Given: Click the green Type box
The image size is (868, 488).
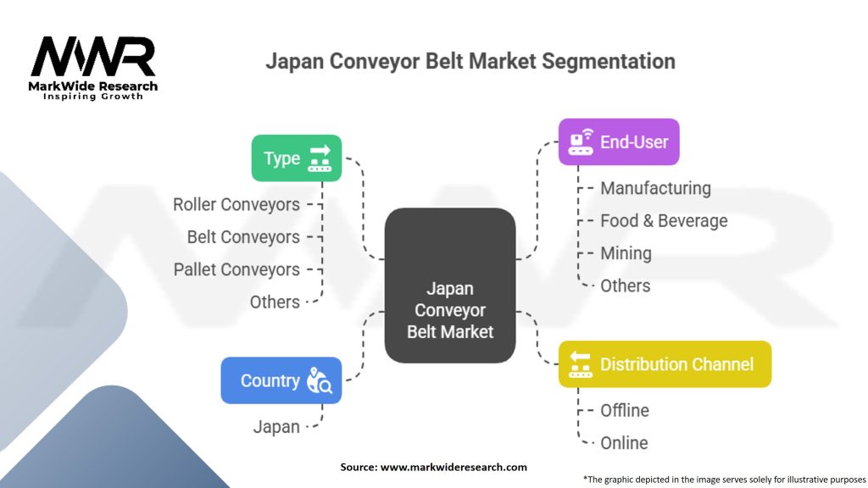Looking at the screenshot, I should [296, 158].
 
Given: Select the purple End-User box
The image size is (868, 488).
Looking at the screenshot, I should [618, 141].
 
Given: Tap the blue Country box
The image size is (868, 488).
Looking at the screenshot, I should [281, 380].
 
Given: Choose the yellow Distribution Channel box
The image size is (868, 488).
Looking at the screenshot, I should [664, 364].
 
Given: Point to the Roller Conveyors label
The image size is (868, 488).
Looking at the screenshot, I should [236, 204].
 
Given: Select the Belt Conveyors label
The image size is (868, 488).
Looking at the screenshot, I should [243, 237].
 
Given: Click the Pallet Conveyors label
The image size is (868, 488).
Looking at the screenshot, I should [236, 269].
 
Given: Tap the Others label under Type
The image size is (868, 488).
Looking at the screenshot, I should [275, 302].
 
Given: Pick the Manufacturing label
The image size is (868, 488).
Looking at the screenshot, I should [655, 188].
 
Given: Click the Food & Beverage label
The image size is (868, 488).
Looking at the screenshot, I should [664, 221].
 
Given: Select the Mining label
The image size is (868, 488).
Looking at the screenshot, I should [626, 253].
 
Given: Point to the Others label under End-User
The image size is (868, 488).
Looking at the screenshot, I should [626, 286].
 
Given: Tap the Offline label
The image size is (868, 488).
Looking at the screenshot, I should [625, 410].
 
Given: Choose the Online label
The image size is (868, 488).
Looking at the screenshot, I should [624, 442].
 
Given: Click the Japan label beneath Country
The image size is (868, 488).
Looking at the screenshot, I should [276, 426].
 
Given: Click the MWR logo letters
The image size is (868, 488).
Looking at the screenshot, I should [93, 57].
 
